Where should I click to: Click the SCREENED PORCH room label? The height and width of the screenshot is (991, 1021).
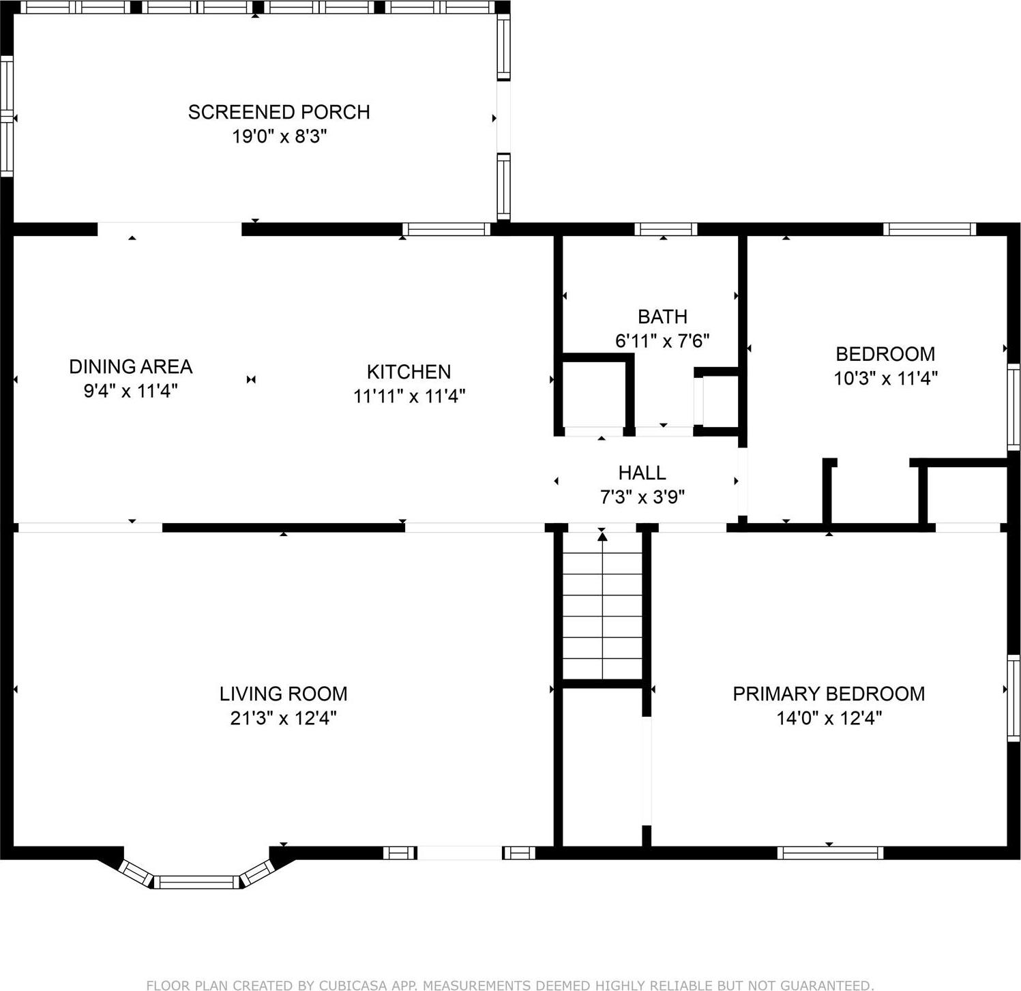point(279,112)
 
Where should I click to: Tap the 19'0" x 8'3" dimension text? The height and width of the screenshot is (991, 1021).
point(279,136)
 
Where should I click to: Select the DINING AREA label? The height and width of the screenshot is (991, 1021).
point(131,367)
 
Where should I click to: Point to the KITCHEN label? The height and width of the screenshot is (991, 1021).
point(409,372)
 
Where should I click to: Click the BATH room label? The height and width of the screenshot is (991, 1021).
point(662,316)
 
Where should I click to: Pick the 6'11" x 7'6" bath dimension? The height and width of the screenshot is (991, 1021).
point(662,340)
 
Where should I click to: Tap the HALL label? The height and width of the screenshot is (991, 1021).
point(642,473)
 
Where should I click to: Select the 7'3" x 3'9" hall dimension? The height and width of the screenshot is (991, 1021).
point(642,497)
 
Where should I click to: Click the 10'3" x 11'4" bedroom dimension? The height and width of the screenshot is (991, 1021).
point(885,378)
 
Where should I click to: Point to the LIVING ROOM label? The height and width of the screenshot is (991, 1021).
point(283,694)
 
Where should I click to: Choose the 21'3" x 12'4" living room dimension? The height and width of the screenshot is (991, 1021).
point(283,718)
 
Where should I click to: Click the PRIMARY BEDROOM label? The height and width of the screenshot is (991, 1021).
point(829,694)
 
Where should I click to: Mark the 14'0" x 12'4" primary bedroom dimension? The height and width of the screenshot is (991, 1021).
point(829,718)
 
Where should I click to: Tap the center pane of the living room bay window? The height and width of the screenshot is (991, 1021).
point(196,882)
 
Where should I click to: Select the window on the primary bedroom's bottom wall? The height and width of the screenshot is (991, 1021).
point(830,853)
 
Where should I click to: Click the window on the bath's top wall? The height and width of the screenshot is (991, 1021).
point(666,229)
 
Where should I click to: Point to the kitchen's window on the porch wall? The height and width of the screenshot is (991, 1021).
point(446,229)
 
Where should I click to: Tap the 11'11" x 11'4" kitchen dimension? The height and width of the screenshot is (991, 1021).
point(409,396)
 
